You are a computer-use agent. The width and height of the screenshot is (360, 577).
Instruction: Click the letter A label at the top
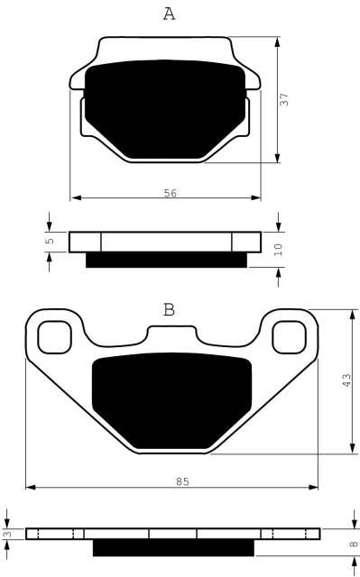[168, 14]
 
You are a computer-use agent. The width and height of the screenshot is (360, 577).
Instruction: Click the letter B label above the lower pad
[168, 310]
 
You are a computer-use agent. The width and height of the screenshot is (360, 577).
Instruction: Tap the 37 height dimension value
[284, 100]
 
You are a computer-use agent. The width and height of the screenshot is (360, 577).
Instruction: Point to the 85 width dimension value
[181, 482]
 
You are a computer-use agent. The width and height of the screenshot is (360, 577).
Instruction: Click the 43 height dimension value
[346, 381]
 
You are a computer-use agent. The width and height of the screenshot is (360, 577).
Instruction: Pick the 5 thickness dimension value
[51, 241]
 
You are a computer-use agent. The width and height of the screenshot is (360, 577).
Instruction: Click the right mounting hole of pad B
[288, 337]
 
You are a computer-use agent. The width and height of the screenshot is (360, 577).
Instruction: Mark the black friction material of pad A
[165, 106]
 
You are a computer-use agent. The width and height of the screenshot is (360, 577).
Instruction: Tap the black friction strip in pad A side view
[165, 260]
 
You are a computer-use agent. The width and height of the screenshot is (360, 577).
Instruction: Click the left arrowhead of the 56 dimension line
[73, 197]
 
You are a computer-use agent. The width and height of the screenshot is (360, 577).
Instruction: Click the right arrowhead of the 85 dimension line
[316, 487]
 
